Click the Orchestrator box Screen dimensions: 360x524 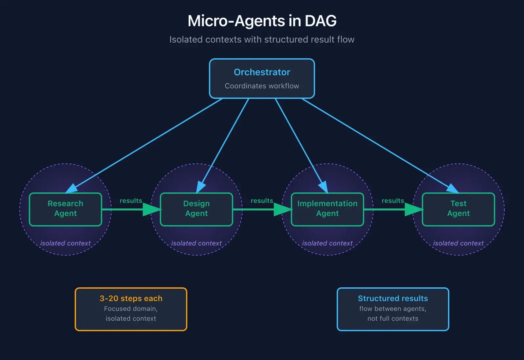pos(262,79)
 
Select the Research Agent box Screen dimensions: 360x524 pos(65,209)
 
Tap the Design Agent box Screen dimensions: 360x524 pos(196,209)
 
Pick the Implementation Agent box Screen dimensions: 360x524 pos(327,209)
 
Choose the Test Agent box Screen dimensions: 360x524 pos(458,209)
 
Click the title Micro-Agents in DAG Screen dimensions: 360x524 pos(262,21)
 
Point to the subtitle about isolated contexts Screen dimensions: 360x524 pos(262,40)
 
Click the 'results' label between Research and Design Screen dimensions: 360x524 pos(131,201)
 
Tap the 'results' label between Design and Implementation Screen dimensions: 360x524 pos(262,201)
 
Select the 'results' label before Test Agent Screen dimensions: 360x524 pos(393,201)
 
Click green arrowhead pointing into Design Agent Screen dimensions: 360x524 pos(152,209)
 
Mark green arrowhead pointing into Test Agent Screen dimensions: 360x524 pos(414,209)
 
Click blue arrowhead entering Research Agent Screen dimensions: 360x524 pos(72,189)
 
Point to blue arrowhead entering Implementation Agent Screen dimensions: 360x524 pos(324,187)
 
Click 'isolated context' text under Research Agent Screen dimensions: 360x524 pos(65,243)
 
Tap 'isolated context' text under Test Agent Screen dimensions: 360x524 pos(458,243)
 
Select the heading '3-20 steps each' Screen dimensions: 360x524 pos(131,298)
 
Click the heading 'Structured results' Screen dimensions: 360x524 pos(393,298)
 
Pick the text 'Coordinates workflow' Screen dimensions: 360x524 pos(262,86)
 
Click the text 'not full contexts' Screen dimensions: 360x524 pos(393,318)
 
